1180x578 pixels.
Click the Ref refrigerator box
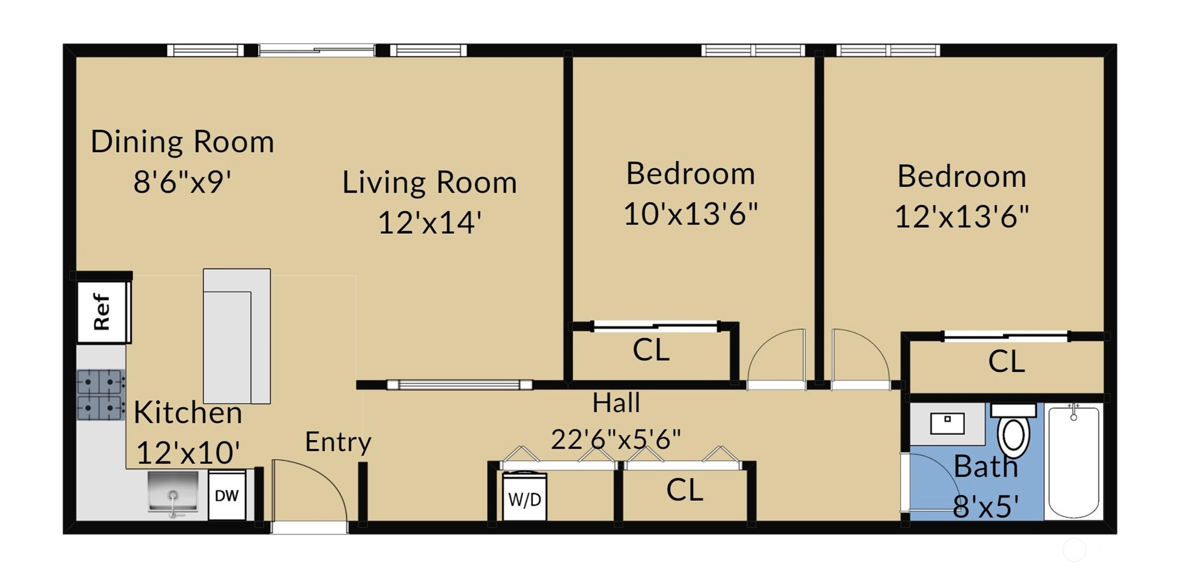[103, 311]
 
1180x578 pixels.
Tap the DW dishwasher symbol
[227, 495]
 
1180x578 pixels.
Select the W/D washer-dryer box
[524, 497]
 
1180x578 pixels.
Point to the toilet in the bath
[1014, 429]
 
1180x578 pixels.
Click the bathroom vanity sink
[947, 424]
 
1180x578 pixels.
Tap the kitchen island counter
[237, 336]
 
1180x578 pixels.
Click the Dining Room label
[182, 142]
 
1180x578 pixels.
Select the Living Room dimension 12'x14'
[430, 223]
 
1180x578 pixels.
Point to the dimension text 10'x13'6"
[690, 214]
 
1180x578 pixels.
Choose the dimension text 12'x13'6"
[962, 217]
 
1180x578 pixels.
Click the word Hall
[617, 403]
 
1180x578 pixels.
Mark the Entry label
[338, 443]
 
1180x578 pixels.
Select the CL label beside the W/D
[685, 490]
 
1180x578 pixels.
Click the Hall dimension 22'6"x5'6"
[616, 440]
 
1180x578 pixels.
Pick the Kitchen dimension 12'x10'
[188, 453]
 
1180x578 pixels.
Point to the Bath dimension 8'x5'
[986, 507]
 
